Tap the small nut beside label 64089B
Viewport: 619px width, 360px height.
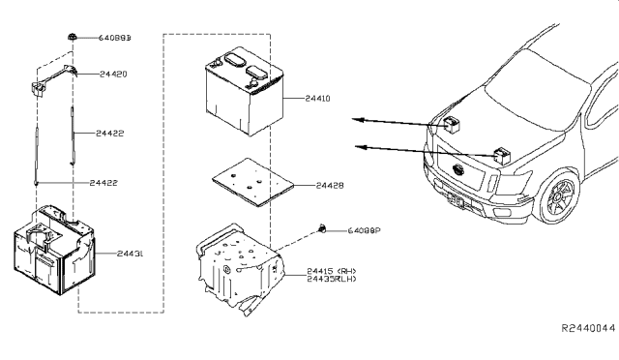tap(74, 37)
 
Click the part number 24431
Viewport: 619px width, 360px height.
tap(131, 254)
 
